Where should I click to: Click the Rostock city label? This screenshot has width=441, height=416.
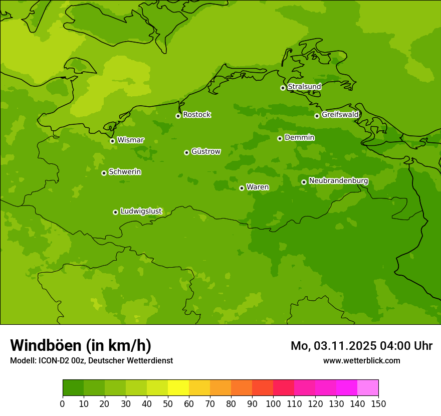click(196, 115)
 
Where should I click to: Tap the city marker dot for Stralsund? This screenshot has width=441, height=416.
click(283, 88)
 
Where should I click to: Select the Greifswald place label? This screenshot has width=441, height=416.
click(340, 115)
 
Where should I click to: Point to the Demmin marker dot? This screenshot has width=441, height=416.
click(280, 138)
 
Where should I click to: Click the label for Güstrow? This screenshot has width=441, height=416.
click(205, 151)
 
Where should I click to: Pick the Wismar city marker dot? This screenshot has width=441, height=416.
click(112, 141)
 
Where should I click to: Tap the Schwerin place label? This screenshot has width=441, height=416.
click(125, 172)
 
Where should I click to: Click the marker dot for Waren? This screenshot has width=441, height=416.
click(242, 188)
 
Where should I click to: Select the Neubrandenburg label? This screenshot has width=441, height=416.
click(338, 181)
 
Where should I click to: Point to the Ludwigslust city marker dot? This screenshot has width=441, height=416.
click(115, 212)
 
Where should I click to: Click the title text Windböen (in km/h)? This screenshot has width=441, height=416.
click(81, 345)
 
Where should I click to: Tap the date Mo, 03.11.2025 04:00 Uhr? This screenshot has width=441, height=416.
click(361, 346)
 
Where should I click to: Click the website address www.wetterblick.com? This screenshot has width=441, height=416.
click(361, 360)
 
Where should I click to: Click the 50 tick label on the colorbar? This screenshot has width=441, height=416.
click(168, 403)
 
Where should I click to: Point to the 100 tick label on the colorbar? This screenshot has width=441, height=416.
click(273, 403)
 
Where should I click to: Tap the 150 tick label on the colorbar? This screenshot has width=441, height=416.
click(378, 403)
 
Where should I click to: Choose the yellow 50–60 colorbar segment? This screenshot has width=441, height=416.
click(178, 388)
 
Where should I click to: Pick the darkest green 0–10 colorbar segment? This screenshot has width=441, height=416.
click(73, 388)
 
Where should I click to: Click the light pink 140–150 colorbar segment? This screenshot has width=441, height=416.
click(368, 388)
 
